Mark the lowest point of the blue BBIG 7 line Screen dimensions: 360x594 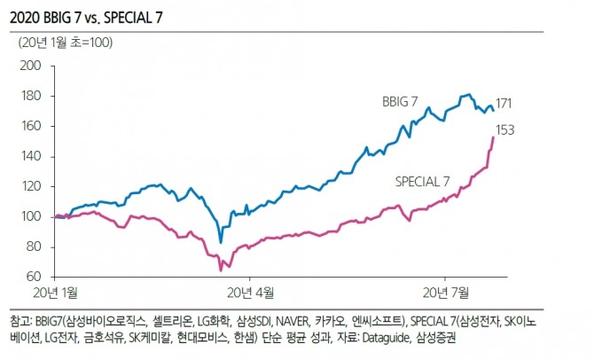pos(221,241)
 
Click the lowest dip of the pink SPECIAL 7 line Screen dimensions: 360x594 pos(221,270)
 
